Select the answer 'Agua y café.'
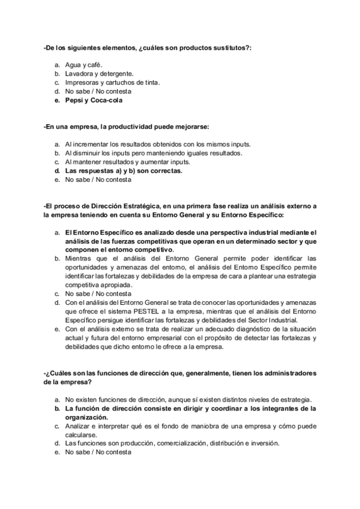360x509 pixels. (83, 65)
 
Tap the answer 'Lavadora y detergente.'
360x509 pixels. (99, 74)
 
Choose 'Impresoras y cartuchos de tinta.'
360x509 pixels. (113, 82)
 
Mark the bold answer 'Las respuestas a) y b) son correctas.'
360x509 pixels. (124, 170)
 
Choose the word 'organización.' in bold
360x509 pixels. (88, 417)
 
